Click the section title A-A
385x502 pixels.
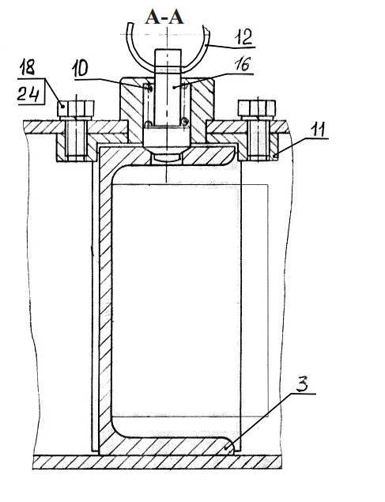[x=164, y=17]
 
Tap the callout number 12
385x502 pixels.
[x=243, y=37]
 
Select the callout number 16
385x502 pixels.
[x=242, y=65]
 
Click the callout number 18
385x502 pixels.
[x=27, y=67]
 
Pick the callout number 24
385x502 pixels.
[x=28, y=94]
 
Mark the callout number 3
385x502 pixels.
[x=302, y=384]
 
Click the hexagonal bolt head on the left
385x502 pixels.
[x=76, y=108]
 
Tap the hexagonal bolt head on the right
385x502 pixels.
[x=257, y=108]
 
